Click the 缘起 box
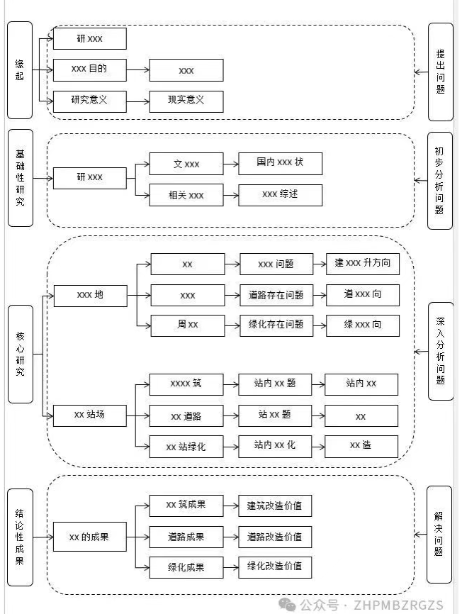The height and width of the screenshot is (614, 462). coord(20,70)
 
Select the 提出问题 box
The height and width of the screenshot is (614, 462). coord(441,72)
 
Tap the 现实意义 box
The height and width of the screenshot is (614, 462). coord(186,101)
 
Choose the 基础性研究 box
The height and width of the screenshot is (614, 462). coord(21,178)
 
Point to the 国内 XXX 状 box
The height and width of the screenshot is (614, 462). coord(280,163)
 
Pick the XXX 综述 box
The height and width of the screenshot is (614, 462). coord(280,194)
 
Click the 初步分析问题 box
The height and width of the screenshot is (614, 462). coord(440,181)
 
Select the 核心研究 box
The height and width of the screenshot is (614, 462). coord(21,354)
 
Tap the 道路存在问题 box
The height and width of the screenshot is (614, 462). coord(276,295)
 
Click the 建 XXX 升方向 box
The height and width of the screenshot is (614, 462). coord(363,264)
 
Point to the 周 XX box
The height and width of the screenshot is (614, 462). coord(188,325)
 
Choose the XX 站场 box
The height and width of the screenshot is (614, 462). coord(89,415)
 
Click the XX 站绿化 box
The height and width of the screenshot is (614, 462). coord(186,447)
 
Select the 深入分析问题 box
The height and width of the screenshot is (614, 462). coord(441,351)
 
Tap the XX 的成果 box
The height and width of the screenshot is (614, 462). coord(89,537)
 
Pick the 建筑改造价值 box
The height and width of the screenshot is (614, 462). coord(275,506)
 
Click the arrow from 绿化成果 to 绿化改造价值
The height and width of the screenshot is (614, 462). coord(231,567)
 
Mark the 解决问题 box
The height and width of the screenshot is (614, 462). coord(439,535)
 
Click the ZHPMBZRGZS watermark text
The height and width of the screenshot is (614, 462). coord(398,605)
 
